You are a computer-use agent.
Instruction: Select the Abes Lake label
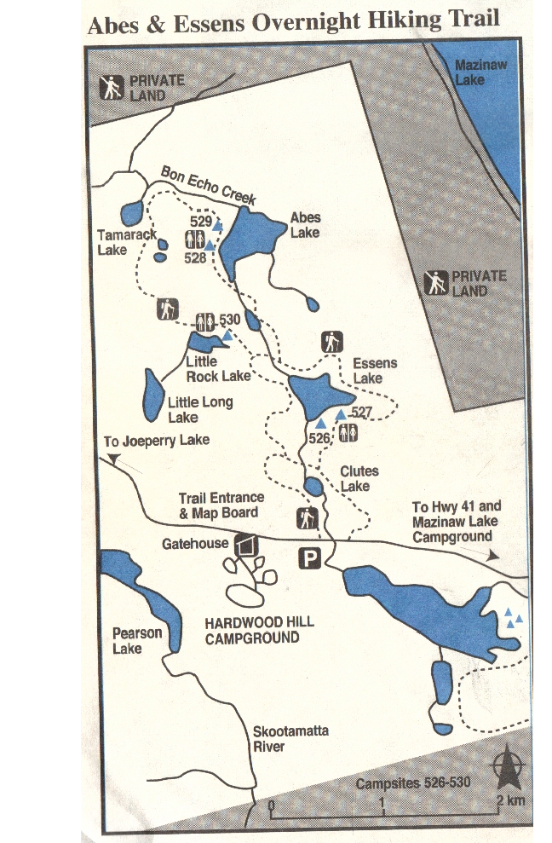pos(305,225)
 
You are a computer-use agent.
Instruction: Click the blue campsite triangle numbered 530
pos(227,337)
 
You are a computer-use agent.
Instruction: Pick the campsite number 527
pos(363,413)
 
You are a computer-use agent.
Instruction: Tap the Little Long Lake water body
pos(153,395)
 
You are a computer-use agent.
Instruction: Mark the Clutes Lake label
pos(359,478)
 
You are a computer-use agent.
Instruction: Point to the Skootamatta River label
pos(290,739)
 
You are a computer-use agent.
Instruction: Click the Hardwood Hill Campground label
pos(259,630)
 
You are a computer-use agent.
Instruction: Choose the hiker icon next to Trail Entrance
pos(307,517)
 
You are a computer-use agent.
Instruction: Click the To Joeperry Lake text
pos(156,441)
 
